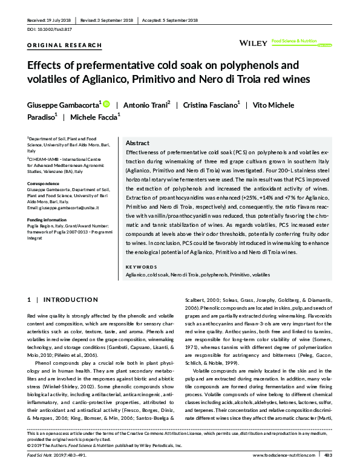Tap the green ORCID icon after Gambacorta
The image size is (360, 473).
pyautogui.click(x=106, y=104)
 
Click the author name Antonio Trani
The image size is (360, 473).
pyautogui.click(x=146, y=104)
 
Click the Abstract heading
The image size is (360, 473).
pyautogui.click(x=139, y=143)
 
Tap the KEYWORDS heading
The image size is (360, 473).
pyautogui.click(x=140, y=267)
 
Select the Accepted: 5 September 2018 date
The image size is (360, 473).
pyautogui.click(x=171, y=20)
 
